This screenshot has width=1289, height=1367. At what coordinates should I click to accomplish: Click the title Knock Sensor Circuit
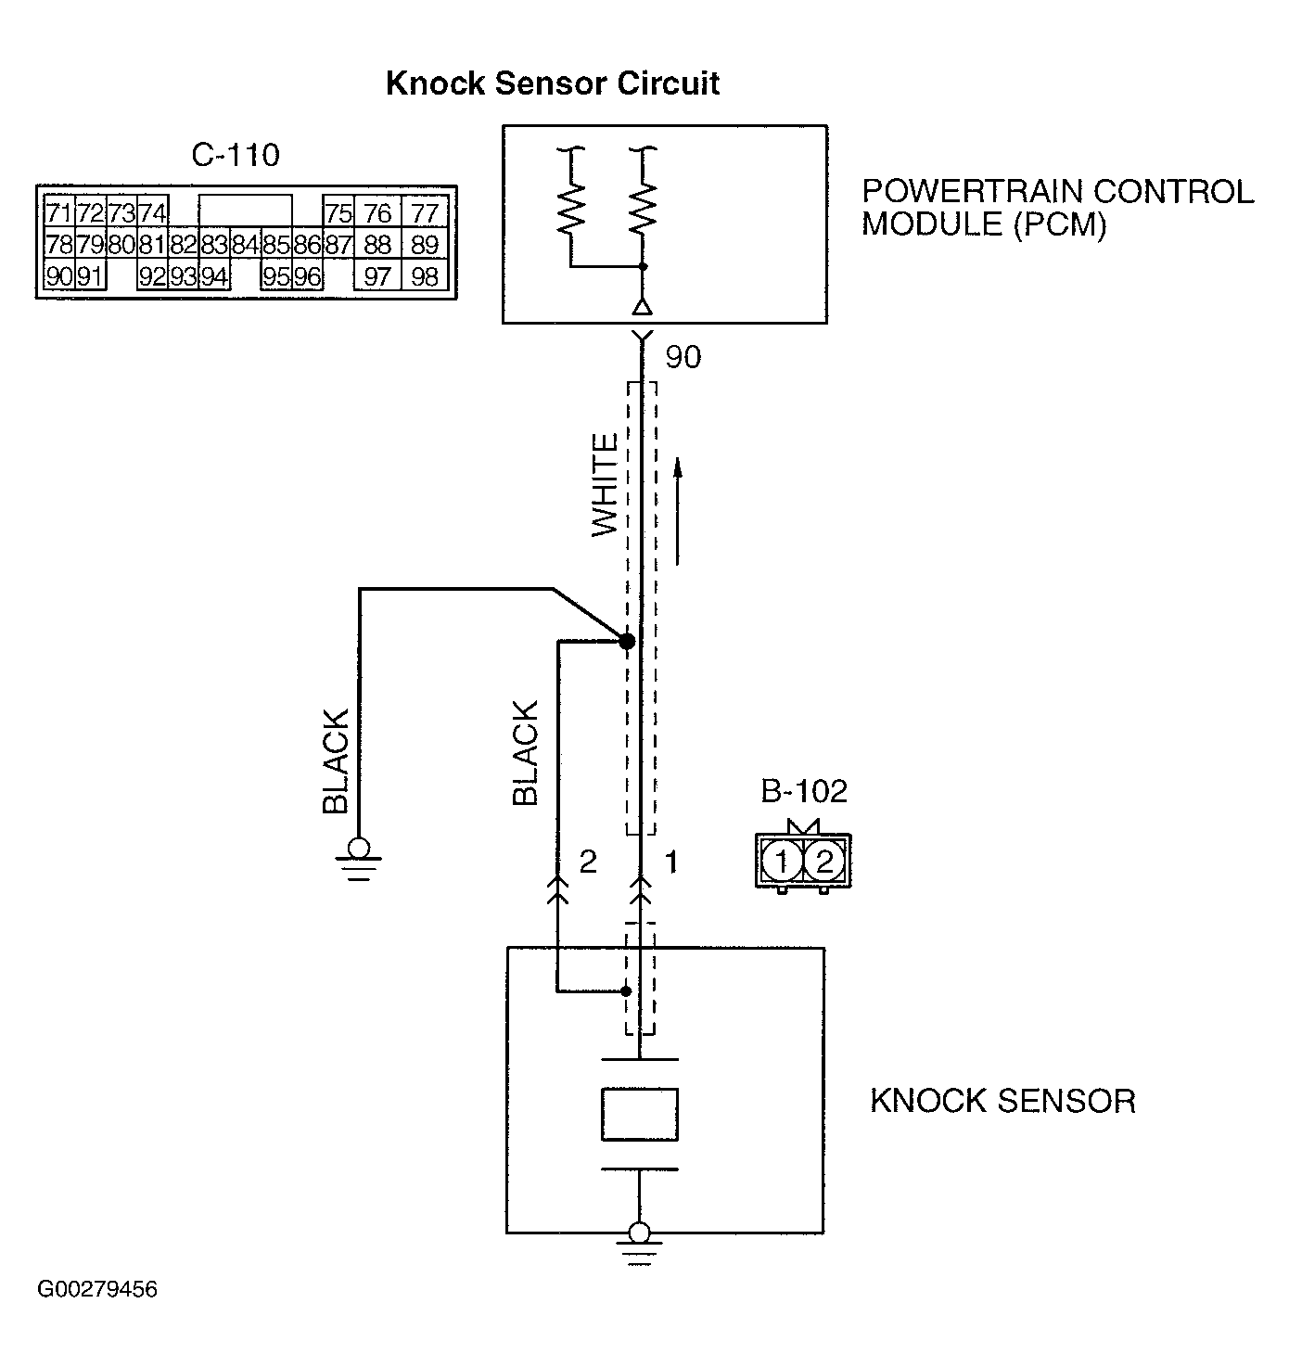click(553, 83)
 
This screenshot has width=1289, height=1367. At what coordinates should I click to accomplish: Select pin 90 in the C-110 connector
click(59, 276)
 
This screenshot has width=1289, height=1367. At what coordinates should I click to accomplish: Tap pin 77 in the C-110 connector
click(425, 213)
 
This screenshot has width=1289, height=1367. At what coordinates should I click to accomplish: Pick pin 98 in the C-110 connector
click(425, 276)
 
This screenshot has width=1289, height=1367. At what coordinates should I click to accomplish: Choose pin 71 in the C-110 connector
click(59, 212)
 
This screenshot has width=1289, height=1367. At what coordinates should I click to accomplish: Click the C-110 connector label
click(236, 155)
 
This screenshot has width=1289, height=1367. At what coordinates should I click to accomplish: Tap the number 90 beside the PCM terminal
click(683, 356)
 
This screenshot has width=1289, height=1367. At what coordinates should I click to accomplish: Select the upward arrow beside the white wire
click(678, 511)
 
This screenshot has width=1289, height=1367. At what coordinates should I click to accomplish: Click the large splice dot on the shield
click(627, 642)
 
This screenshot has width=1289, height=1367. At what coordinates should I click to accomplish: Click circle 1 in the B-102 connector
click(782, 860)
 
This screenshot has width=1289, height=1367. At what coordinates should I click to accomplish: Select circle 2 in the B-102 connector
click(824, 860)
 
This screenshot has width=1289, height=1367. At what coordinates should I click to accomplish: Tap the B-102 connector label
click(804, 791)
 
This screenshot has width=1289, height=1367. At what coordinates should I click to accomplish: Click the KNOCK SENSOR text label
click(1002, 1101)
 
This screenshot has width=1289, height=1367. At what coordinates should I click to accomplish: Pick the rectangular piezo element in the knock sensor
click(640, 1114)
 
